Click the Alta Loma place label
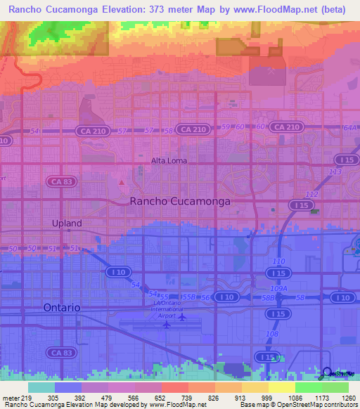(x=169, y=160)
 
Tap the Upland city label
(x=67, y=223)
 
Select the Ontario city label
(x=62, y=308)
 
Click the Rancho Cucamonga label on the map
(x=181, y=201)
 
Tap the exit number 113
(x=335, y=171)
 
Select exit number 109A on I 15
(x=279, y=288)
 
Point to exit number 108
(x=271, y=335)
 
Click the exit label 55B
(x=188, y=298)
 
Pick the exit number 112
(x=311, y=195)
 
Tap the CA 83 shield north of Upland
(x=58, y=181)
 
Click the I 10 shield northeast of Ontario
(x=115, y=271)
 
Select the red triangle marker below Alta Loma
(x=122, y=183)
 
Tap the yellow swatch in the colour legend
(x=281, y=387)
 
